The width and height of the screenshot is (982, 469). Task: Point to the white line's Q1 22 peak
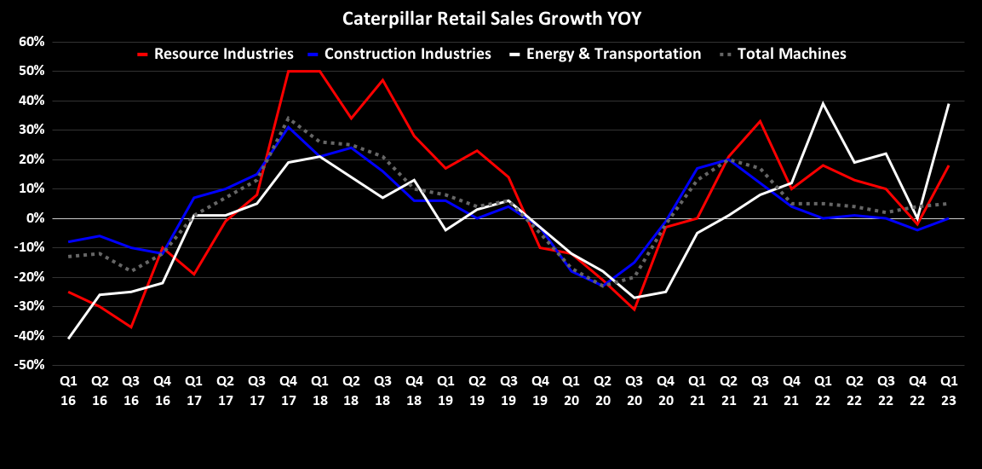click(823, 103)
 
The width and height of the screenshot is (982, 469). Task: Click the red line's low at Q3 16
click(131, 327)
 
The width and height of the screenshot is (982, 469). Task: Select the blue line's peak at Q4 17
click(288, 127)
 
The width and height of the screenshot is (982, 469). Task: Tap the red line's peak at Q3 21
click(760, 121)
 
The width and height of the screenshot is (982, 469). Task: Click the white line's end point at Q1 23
click(948, 104)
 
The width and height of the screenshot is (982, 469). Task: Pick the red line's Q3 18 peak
click(382, 80)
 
